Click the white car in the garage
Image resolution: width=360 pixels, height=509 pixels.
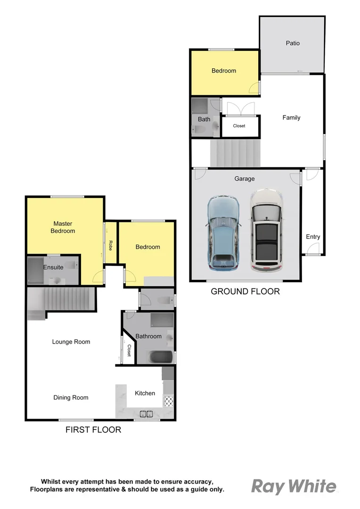coord(266,231)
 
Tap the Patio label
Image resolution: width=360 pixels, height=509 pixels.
coord(293,43)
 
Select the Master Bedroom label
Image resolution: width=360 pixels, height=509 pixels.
coord(64,227)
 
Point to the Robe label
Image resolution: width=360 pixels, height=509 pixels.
coord(110,245)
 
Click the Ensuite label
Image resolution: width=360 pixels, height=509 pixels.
coord(53,267)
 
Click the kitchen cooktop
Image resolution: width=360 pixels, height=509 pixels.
coord(168,401)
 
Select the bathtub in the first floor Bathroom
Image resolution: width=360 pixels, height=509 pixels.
coord(161,357)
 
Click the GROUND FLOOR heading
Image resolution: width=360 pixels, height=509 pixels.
coord(245,291)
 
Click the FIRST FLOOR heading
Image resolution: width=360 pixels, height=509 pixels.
coord(93,429)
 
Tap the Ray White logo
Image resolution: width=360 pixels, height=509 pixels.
coord(294,486)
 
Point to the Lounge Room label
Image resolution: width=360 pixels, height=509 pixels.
coord(71,342)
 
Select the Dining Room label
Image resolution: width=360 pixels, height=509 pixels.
coord(71,397)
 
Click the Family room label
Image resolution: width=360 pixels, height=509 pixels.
coord(291,117)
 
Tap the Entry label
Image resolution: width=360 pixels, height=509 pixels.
coord(313,237)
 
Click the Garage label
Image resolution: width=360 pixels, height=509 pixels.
coord(245,179)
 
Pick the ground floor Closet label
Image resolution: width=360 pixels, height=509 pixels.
coord(239,126)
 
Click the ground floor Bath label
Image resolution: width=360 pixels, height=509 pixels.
coord(204,119)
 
